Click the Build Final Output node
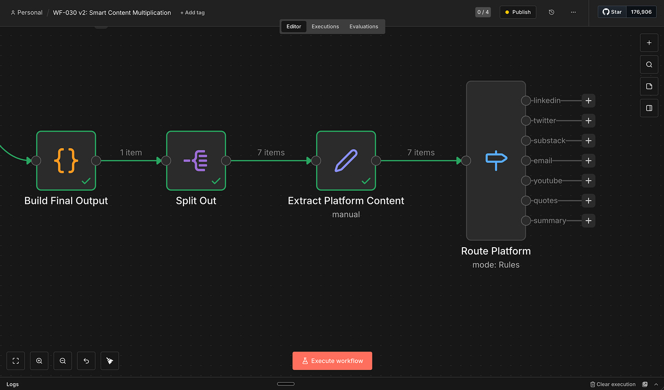[x=66, y=161]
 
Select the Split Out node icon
[x=196, y=161]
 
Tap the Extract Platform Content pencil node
[x=346, y=161]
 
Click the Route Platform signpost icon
[x=496, y=160]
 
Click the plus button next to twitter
[x=588, y=121]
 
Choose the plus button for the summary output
[x=588, y=221]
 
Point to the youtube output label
[x=548, y=181]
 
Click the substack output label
[x=549, y=140]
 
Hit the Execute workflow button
[x=332, y=361]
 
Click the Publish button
[x=518, y=12]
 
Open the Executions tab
[x=325, y=26]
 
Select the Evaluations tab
[x=363, y=26]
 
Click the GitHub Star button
[x=612, y=12]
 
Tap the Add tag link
[x=192, y=13]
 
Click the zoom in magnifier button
[x=39, y=361]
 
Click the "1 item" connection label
[x=131, y=152]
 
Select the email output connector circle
[x=526, y=161]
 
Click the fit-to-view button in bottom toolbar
[x=16, y=361]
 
